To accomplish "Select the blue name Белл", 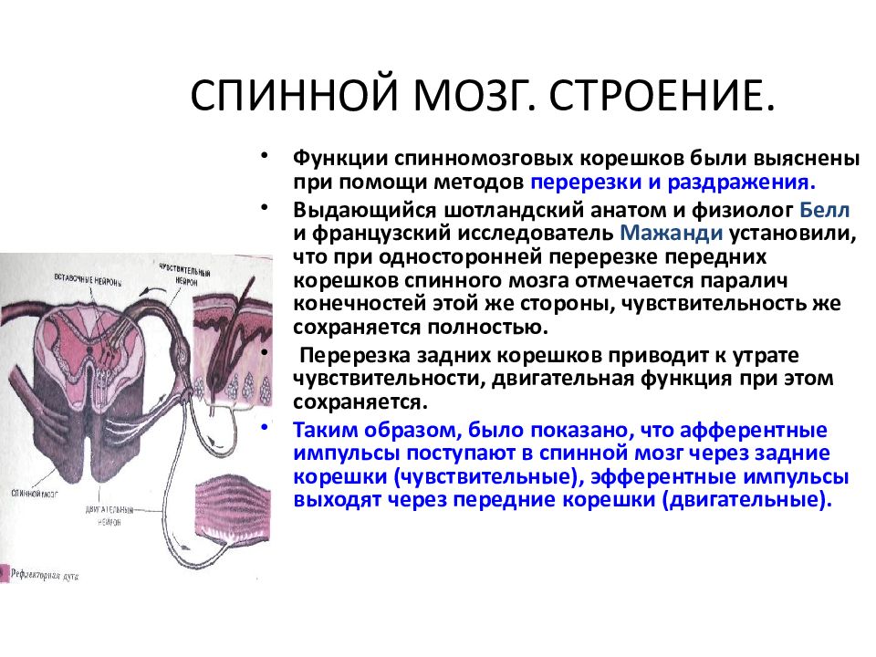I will coord(825,210).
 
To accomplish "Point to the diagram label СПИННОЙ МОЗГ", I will coord(31,494).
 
